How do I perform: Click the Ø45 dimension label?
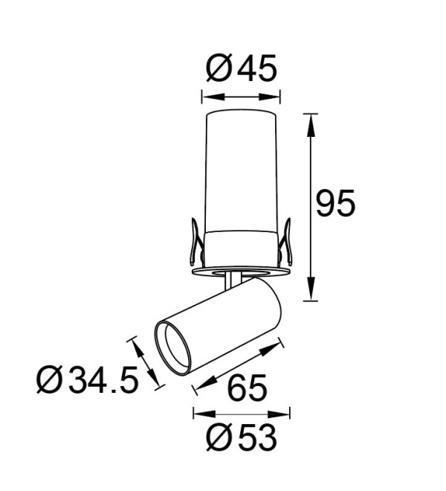click(242, 68)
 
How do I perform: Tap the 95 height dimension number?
click(335, 203)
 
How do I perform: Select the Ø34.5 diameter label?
click(88, 379)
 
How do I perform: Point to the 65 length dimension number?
click(248, 387)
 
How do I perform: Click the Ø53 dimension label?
click(242, 437)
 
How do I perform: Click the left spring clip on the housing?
click(196, 242)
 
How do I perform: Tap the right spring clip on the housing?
click(285, 242)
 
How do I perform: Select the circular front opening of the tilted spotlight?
click(172, 347)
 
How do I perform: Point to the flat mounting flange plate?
click(240, 272)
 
